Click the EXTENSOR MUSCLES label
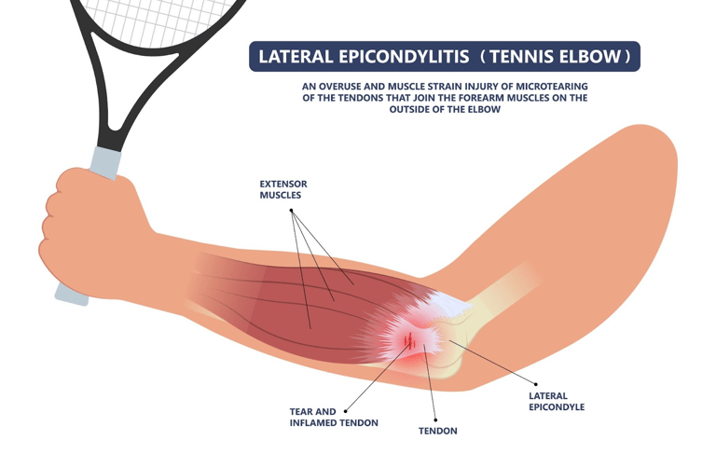pos(282,190)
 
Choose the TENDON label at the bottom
pos(437,431)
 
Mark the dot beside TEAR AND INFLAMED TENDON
pos(346,410)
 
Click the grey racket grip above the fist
pos(105,163)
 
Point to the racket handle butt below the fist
pos(71,295)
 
